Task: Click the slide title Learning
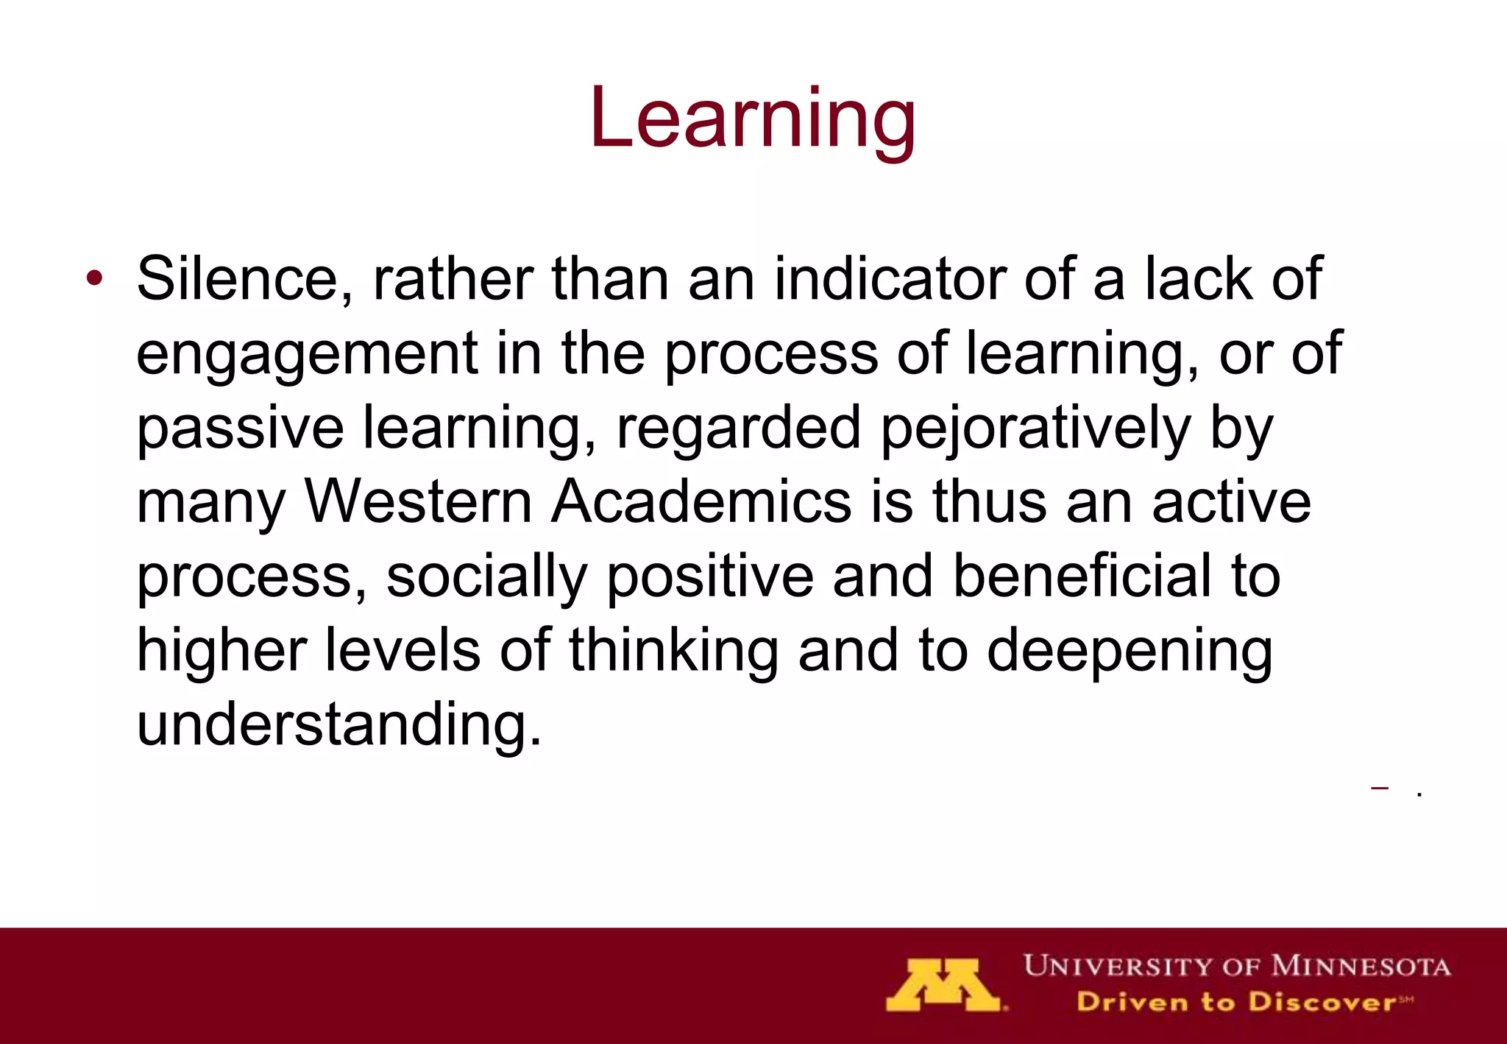(752, 118)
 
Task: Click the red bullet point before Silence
(93, 279)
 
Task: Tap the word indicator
(890, 279)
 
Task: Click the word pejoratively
(1035, 429)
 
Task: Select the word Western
(418, 502)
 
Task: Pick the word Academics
(701, 502)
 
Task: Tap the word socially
(486, 577)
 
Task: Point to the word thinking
(673, 651)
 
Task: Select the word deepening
(1130, 652)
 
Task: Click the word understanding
(339, 724)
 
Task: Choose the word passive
(240, 429)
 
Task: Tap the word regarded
(738, 429)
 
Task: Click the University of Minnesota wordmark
(1237, 966)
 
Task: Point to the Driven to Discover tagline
(1244, 1002)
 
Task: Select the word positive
(710, 577)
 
